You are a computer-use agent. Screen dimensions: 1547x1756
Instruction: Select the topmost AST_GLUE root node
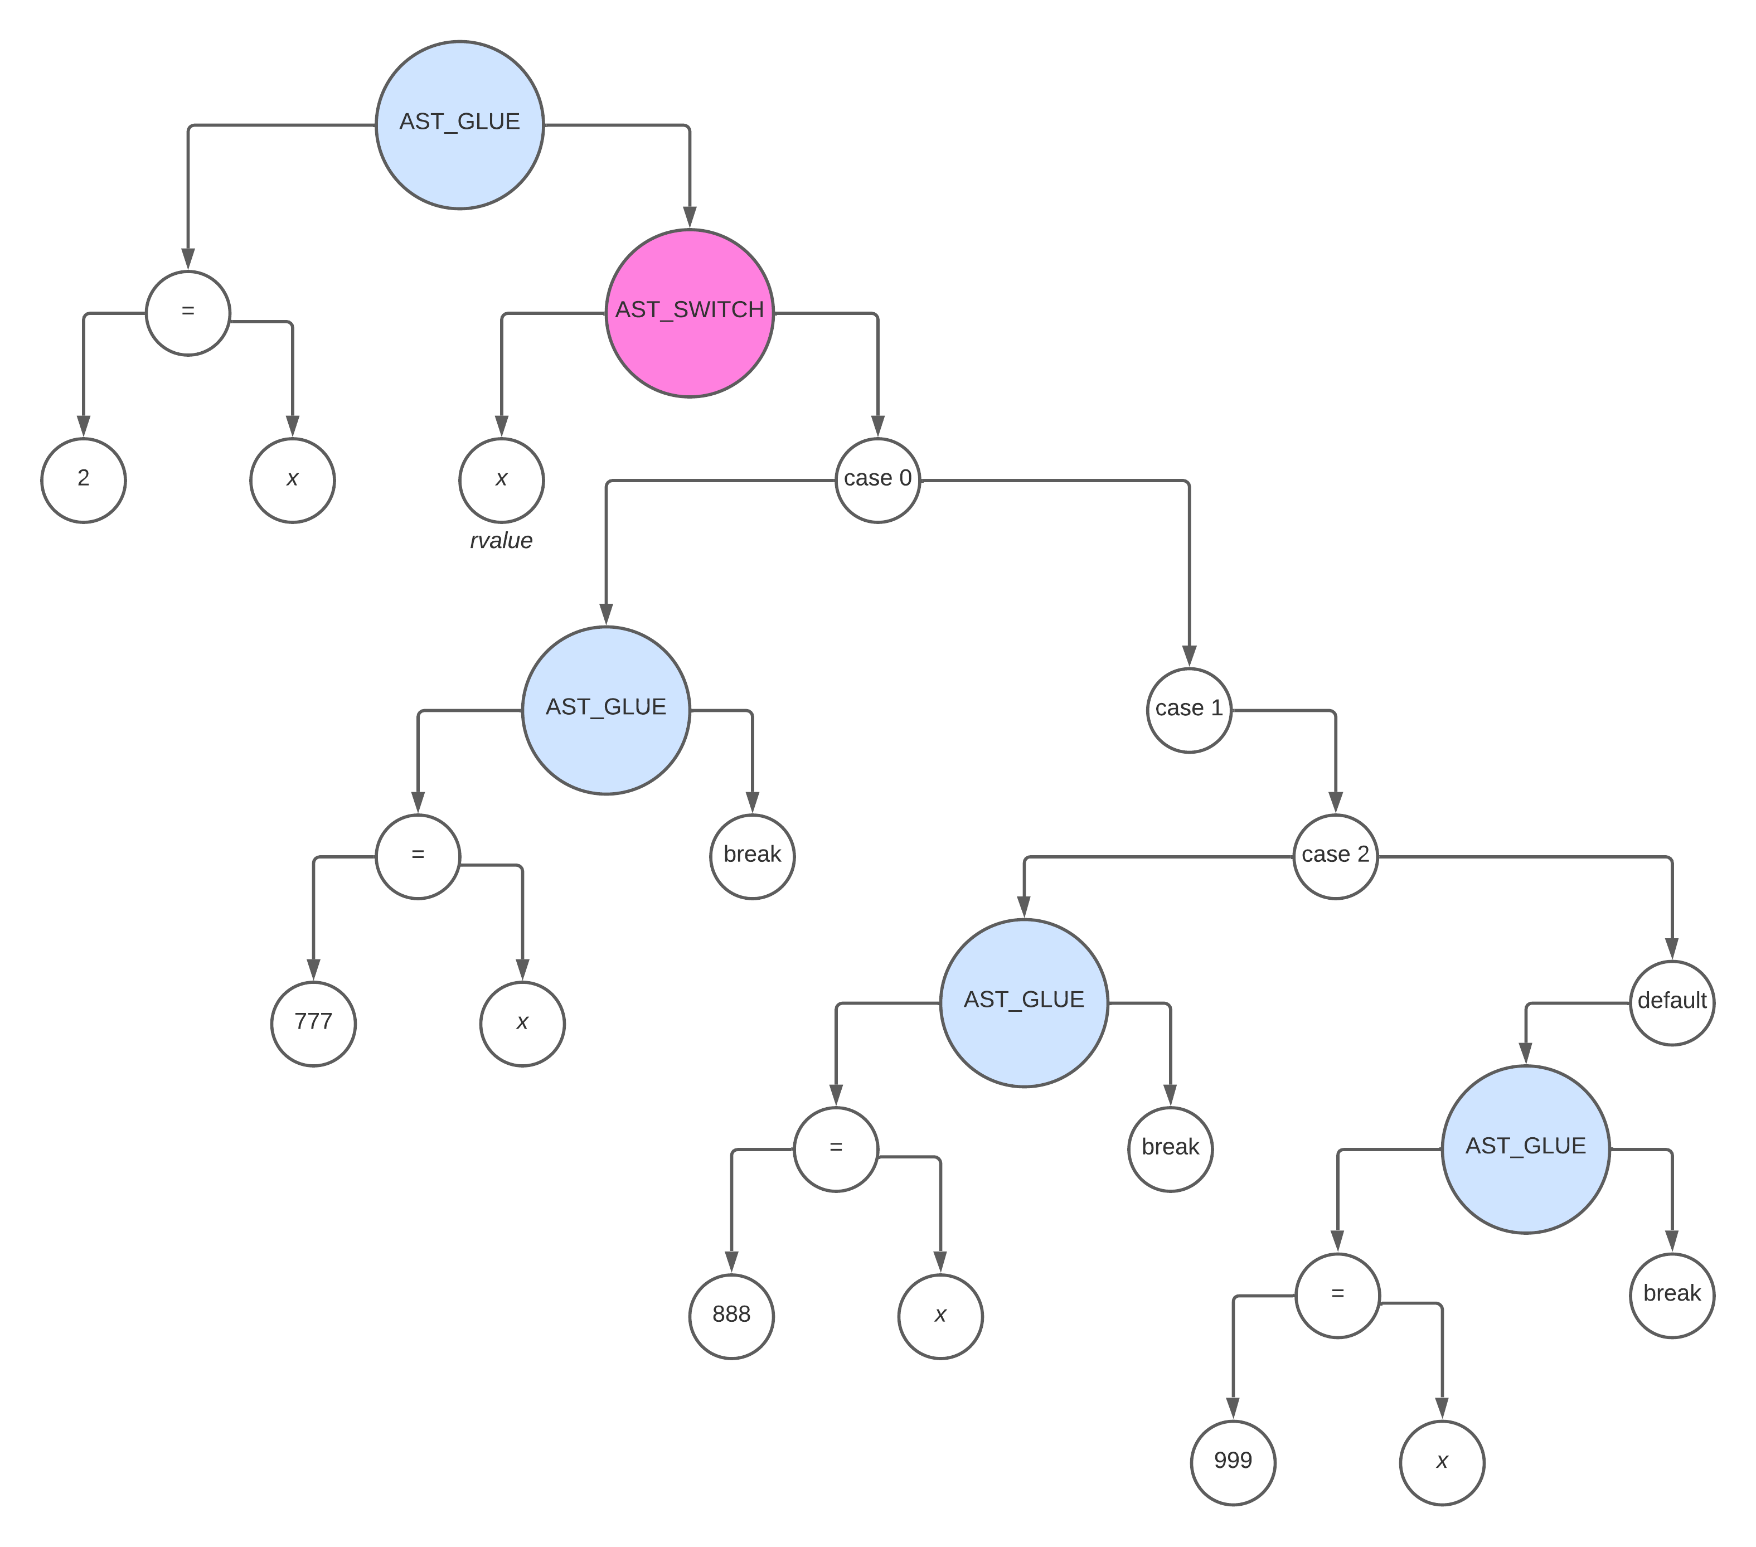click(x=459, y=124)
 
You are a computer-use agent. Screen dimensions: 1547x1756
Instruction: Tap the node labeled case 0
click(x=877, y=480)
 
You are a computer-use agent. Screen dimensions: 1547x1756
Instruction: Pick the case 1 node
click(x=1189, y=710)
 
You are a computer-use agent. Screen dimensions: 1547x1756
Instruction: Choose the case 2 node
click(x=1335, y=856)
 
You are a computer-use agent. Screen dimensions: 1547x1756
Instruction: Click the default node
click(x=1672, y=1002)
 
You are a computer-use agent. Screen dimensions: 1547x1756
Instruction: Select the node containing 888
click(x=731, y=1317)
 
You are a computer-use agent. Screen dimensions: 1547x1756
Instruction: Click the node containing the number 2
click(x=83, y=480)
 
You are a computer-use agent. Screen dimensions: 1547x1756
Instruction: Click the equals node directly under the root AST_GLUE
click(x=188, y=313)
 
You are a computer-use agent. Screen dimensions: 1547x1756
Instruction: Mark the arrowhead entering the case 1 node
click(x=1189, y=657)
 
